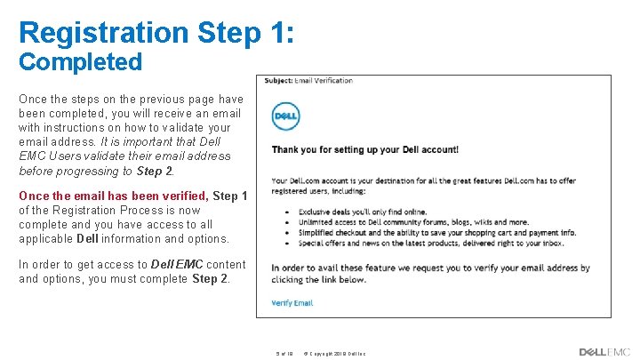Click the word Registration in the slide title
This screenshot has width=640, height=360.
point(103,33)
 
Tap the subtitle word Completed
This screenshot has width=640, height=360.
point(80,62)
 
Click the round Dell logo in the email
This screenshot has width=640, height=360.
point(285,116)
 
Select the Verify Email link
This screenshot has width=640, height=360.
point(292,303)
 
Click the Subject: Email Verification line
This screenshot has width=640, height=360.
point(308,81)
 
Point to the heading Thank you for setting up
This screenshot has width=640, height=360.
point(364,149)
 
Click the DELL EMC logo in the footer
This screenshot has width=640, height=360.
point(604,352)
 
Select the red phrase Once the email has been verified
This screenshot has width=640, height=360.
point(113,196)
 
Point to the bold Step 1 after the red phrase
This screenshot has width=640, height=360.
point(230,196)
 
